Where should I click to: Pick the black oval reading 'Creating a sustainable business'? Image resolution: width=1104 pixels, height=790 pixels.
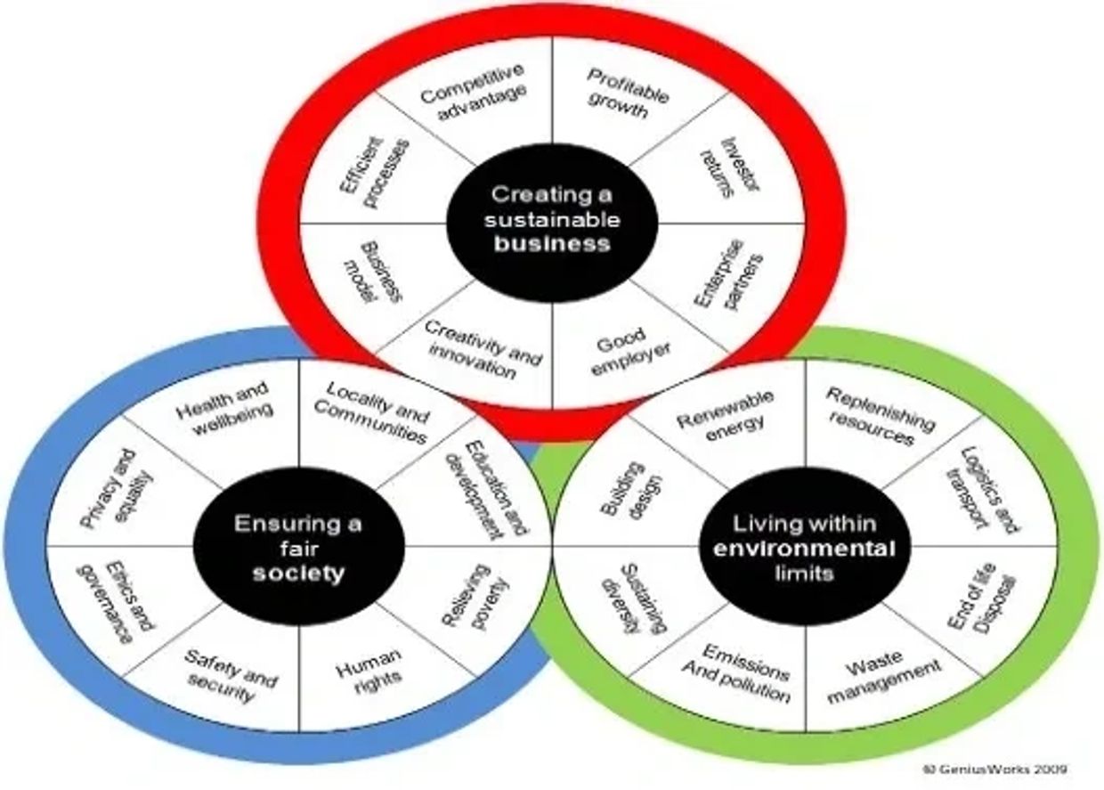point(552,219)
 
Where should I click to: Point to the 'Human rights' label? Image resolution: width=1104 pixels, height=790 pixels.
point(369,667)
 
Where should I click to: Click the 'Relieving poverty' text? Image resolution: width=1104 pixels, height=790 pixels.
point(476,597)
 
